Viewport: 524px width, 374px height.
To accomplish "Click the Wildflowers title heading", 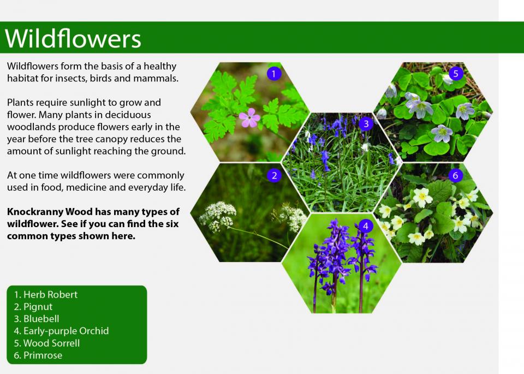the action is coord(73,38).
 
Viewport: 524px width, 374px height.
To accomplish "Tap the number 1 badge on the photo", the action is coord(273,74).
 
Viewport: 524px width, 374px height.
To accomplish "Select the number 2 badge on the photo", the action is coord(275,175).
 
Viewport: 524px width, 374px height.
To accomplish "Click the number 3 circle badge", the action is coord(366,123).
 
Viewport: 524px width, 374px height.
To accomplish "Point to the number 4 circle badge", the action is coord(366,226).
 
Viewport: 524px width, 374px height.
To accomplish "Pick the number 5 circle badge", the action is coord(455,74).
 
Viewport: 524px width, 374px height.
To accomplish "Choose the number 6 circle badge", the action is coord(455,175).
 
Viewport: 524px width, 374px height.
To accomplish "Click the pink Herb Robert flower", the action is coord(249,117).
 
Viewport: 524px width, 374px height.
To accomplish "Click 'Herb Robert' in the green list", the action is coord(50,294).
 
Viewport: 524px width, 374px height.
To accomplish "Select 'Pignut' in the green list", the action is coord(38,307).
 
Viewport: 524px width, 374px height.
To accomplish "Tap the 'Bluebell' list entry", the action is coord(41,319).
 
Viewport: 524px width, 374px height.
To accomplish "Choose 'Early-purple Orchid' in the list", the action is coord(66,331).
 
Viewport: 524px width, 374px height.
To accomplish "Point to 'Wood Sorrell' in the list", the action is coord(51,343).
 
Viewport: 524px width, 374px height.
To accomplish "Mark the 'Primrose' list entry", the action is coord(43,355).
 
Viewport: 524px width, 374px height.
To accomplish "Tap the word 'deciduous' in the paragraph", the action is coord(128,115).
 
